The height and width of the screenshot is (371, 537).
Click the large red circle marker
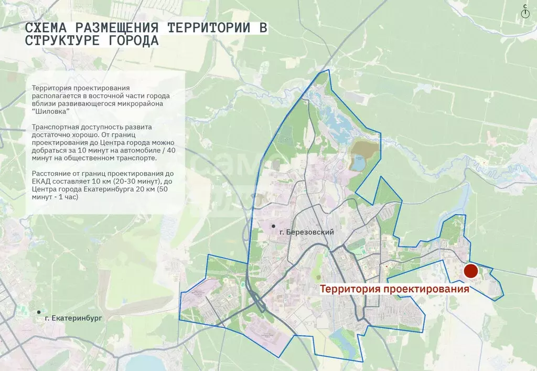[470, 271]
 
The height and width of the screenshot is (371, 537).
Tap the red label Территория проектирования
[394, 290]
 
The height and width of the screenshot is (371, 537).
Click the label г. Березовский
[307, 232]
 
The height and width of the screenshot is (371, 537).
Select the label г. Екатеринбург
[73, 318]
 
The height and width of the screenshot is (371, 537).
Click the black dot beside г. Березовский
[273, 226]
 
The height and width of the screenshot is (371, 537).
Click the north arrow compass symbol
[525, 12]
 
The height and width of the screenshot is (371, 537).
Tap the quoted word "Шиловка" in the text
[50, 111]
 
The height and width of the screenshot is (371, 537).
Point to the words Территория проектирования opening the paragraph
[81, 88]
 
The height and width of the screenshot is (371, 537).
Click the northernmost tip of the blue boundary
[328, 69]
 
